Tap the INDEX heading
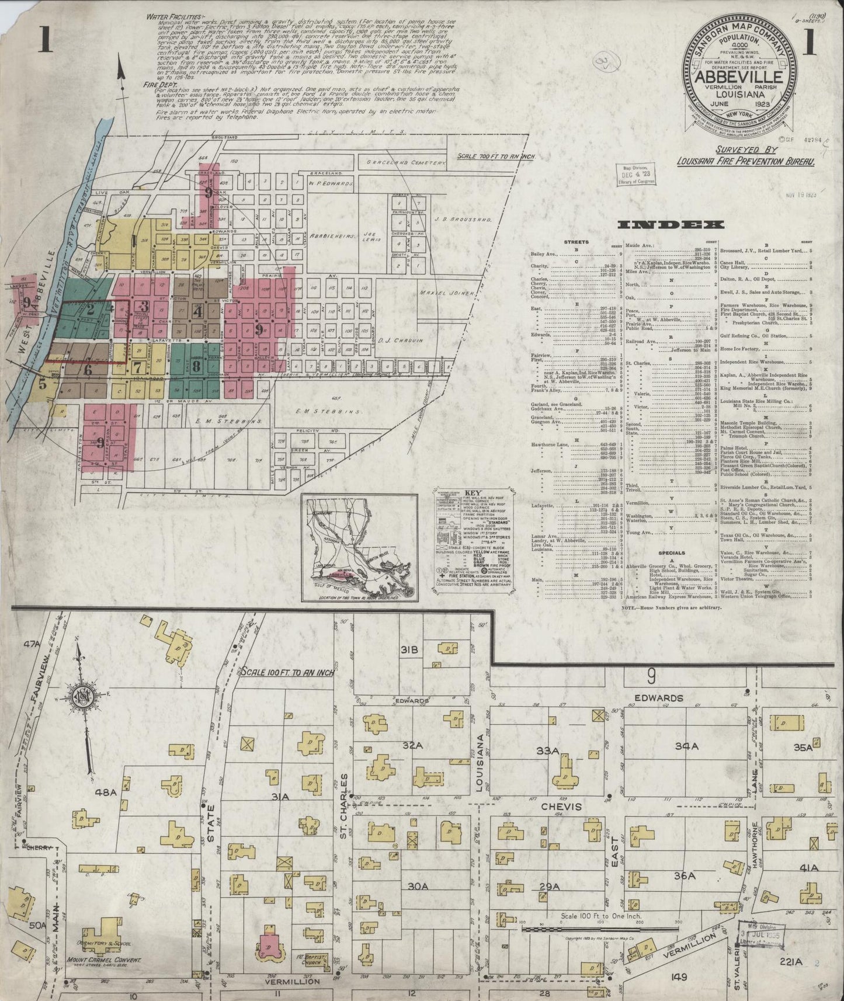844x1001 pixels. (671, 225)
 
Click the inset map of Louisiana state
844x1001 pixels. (360, 547)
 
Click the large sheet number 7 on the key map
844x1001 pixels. (137, 367)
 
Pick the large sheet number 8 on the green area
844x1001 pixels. (196, 367)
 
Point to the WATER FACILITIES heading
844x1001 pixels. (166, 17)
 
